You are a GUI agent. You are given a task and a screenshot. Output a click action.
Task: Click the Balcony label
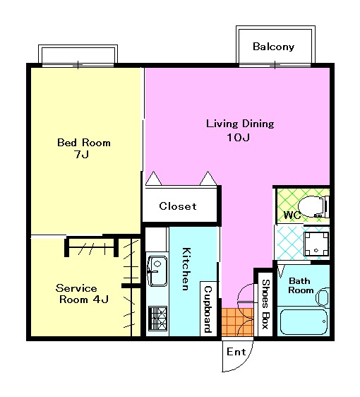click(273, 47)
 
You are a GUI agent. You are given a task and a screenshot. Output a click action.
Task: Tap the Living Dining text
click(240, 124)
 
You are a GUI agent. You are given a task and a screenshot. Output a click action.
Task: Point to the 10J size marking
click(239, 138)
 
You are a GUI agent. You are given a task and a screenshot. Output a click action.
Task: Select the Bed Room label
click(84, 143)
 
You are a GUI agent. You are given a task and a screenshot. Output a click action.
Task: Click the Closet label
click(178, 206)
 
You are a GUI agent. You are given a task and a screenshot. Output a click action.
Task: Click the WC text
click(292, 215)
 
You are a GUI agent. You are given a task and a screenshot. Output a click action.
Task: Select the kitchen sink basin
click(157, 271)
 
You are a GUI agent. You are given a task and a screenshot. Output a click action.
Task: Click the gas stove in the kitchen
click(157, 319)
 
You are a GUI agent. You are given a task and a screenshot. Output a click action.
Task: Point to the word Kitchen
click(186, 269)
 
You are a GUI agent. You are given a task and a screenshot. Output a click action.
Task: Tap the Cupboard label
click(208, 309)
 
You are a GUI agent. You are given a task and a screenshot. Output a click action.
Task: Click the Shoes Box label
click(265, 304)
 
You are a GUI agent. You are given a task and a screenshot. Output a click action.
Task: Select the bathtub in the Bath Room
click(304, 322)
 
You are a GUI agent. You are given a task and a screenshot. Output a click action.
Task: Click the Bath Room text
click(300, 285)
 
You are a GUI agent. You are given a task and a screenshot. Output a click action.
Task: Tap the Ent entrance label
click(236, 352)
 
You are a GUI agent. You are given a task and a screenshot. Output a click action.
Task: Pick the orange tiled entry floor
click(237, 322)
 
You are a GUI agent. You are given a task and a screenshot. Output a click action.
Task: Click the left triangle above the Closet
click(154, 179)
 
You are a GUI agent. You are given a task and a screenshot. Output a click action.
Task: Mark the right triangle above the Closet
click(208, 178)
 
